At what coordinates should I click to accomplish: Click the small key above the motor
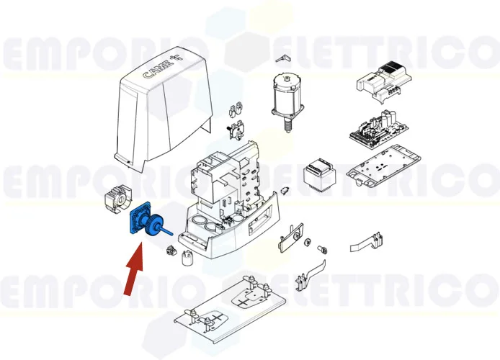[282, 57]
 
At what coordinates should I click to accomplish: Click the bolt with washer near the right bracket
[323, 247]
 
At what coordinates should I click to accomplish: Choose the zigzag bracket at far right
[367, 241]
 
